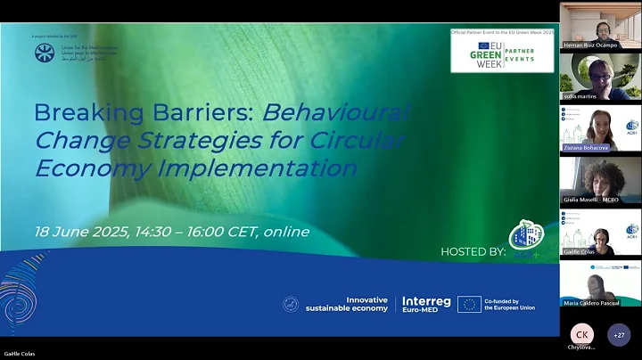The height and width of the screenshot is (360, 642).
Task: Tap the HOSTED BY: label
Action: point(473,252)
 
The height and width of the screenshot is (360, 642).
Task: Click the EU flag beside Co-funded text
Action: point(469,304)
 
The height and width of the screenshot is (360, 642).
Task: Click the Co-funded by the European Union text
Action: point(511,304)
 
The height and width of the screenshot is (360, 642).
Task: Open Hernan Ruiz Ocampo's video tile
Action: point(598,25)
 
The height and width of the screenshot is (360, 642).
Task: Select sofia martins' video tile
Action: point(598,76)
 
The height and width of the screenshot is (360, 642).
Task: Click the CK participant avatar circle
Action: point(581,333)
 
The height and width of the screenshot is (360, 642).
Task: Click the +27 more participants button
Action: point(618,334)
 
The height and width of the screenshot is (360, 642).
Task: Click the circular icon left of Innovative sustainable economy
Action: point(291,304)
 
